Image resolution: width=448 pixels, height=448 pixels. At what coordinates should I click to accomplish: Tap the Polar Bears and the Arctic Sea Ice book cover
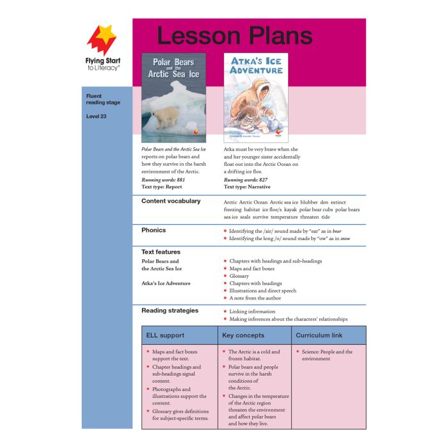pos(173,97)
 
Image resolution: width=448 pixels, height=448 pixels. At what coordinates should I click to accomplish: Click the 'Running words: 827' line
pos(246,180)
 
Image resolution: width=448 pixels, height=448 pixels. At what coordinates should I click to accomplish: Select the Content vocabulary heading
pos(171,202)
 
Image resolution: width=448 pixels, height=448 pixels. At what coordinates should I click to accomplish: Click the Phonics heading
pos(154,230)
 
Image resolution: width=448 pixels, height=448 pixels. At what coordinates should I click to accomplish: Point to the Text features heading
pos(161,252)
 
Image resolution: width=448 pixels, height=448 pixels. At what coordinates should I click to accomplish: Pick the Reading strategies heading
pos(170,311)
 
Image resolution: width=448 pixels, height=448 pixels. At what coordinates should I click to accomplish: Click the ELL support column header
pos(166,335)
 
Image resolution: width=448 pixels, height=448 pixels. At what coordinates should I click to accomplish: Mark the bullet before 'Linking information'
pos(225,312)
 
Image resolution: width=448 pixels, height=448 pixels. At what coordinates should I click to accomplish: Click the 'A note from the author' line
pos(255,298)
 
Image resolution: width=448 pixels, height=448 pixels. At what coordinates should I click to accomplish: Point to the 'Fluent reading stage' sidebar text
pos(102,99)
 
